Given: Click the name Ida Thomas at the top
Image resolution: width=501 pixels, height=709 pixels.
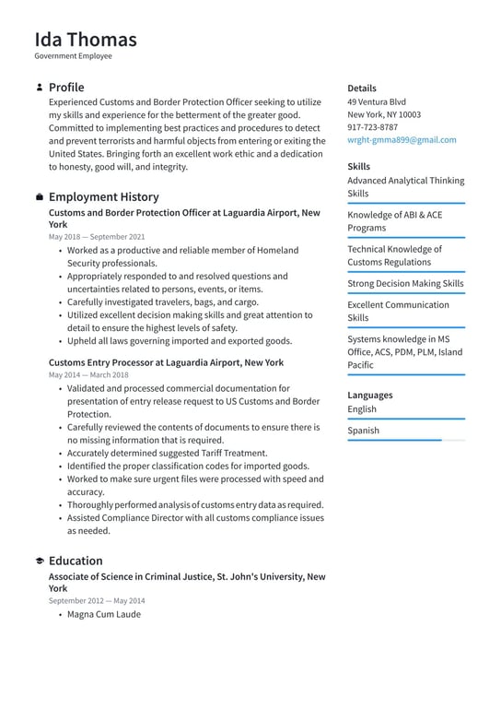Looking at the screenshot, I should point(86,40).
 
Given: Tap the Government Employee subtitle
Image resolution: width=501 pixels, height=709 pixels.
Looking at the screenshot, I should point(74,56).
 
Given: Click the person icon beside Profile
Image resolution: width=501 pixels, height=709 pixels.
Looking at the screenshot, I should point(39,88).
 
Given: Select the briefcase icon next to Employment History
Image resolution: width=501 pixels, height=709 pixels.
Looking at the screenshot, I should point(39,197).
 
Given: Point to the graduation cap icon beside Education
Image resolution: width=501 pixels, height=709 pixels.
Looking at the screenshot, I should point(39,561).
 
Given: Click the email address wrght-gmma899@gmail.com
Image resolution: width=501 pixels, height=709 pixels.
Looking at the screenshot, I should point(402,140).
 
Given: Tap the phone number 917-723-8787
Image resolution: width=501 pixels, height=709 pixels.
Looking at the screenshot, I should point(373,127).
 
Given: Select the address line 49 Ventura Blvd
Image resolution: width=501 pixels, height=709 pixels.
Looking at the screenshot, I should point(377,101).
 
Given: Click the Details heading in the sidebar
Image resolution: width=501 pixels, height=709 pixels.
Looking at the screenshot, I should point(362,89).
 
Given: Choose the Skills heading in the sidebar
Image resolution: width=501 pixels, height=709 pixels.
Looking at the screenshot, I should point(359,167).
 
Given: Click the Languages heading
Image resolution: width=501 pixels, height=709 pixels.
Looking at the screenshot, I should point(369,396).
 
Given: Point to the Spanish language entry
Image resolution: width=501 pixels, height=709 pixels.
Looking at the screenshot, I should point(363,431).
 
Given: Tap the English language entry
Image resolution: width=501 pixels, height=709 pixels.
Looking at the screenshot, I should point(362,409).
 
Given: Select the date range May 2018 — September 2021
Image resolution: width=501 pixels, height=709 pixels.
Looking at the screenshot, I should point(97,237).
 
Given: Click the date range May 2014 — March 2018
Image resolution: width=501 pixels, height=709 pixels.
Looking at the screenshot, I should point(88,375).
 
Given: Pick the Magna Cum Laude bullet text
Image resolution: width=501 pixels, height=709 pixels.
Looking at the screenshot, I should point(104,614).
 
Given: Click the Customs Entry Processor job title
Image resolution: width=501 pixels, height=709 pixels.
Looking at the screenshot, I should point(166,363).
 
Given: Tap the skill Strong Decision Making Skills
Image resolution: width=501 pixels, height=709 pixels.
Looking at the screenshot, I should point(405,284).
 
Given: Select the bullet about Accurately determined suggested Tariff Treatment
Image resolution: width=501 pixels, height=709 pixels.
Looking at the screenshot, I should point(167,454).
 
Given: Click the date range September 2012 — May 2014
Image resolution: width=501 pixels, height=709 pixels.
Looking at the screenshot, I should point(97,601).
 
